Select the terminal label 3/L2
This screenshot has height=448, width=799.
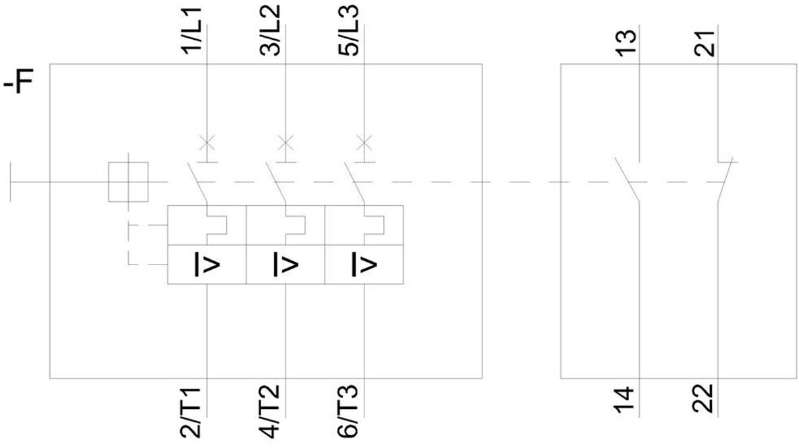[x=271, y=30]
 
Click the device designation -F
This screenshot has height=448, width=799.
[x=18, y=83]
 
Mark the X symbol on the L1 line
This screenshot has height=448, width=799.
[x=207, y=143]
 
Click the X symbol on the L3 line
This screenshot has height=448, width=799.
[x=364, y=143]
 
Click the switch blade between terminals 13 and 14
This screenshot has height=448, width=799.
[x=627, y=179]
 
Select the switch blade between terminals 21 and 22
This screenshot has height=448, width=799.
[x=725, y=180]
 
